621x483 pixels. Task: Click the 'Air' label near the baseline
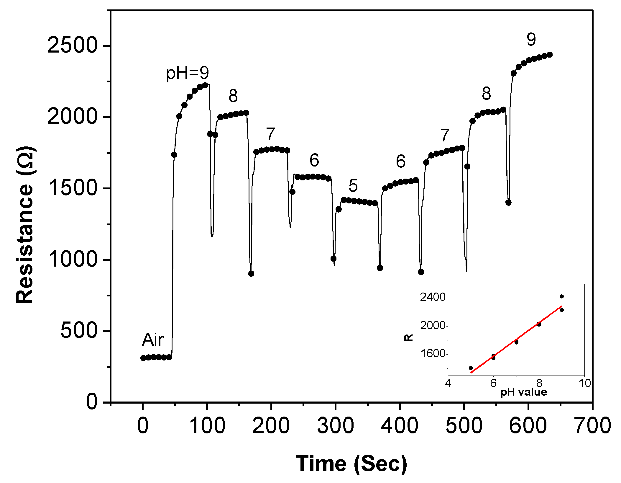pyautogui.click(x=152, y=340)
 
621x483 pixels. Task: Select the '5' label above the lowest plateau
pyautogui.click(x=353, y=186)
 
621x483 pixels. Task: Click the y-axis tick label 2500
pyautogui.click(x=72, y=45)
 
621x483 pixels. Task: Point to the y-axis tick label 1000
pyautogui.click(x=72, y=260)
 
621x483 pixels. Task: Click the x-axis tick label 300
pyautogui.click(x=335, y=426)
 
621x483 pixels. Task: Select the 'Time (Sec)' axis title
pyautogui.click(x=351, y=464)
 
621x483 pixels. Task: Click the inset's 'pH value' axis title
pyautogui.click(x=524, y=392)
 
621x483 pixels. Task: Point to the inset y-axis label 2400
pyautogui.click(x=433, y=297)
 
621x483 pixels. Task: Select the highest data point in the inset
pyautogui.click(x=562, y=296)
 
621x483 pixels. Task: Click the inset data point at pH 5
pyautogui.click(x=471, y=368)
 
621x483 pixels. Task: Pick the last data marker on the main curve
pyautogui.click(x=550, y=55)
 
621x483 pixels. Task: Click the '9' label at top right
pyautogui.click(x=531, y=40)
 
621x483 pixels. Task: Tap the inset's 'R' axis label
pyautogui.click(x=408, y=337)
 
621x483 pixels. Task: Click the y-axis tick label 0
pyautogui.click(x=92, y=402)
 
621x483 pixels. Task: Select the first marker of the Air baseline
pyautogui.click(x=143, y=358)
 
